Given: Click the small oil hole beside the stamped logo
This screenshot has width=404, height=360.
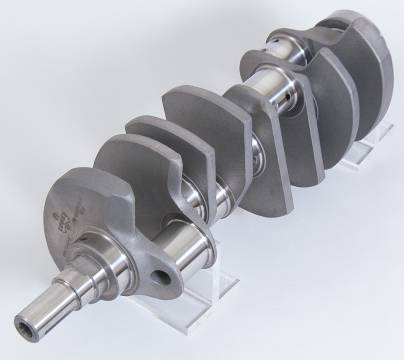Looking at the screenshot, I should point(83,238).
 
